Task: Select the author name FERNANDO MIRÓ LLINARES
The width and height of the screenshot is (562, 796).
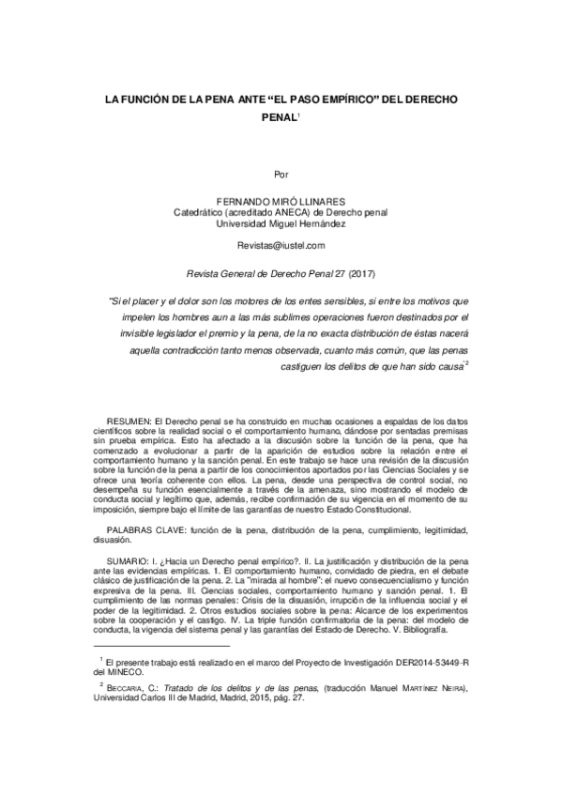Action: click(281, 202)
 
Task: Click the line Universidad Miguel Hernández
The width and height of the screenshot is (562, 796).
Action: click(281, 224)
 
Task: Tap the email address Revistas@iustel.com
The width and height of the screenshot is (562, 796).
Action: click(281, 245)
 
